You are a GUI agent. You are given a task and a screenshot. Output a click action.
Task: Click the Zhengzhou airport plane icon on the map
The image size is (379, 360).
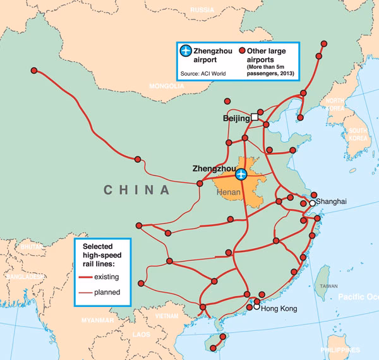click(241, 173)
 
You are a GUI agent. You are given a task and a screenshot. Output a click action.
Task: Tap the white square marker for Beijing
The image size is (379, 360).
click(255, 117)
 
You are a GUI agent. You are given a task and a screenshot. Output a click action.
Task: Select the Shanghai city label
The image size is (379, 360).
click(332, 201)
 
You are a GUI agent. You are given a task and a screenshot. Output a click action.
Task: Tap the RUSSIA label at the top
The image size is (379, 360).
click(202, 10)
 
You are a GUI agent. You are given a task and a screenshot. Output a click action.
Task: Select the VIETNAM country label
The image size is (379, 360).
click(167, 316)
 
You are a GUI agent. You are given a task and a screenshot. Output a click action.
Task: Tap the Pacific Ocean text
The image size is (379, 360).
click(357, 296)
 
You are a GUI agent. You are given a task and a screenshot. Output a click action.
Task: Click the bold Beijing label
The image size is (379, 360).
click(237, 118)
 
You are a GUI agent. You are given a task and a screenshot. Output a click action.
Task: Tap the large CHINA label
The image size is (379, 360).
click(137, 189)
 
